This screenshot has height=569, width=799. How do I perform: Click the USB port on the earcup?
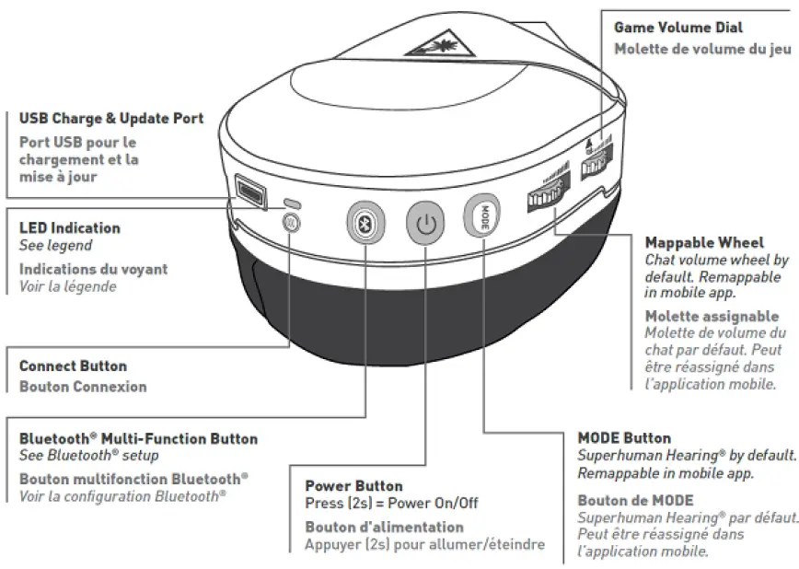tap(249, 190)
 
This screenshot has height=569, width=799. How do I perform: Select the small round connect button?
tap(290, 222)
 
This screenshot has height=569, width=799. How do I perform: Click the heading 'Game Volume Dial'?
tap(678, 29)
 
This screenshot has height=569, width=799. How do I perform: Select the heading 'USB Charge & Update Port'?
tap(111, 119)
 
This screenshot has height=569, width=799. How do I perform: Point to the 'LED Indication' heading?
tap(70, 227)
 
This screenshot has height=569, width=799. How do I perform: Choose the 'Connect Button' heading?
tap(74, 366)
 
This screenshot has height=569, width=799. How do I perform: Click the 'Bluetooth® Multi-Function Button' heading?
tap(139, 439)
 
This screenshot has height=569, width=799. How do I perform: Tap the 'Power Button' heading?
tap(354, 485)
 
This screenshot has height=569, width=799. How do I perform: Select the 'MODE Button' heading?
tap(624, 438)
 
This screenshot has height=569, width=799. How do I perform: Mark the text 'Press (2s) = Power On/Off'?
tap(391, 503)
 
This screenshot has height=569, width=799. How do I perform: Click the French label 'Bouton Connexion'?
tap(83, 386)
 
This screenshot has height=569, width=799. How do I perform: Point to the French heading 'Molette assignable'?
tap(712, 317)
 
